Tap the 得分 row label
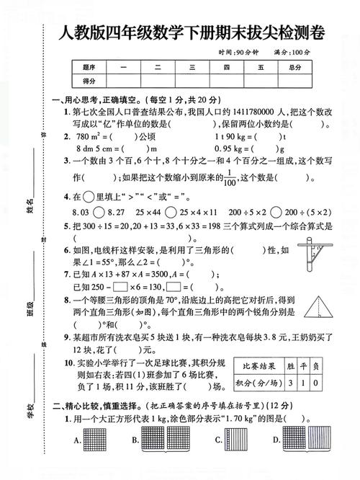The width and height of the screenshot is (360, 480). click(x=89, y=81)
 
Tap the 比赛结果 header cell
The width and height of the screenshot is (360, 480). click(x=258, y=368)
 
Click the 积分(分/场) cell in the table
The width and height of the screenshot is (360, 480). click(x=258, y=383)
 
